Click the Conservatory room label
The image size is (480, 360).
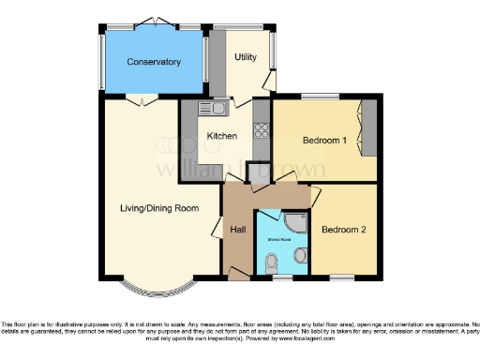point(155,62)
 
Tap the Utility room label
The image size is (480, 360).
point(245,57)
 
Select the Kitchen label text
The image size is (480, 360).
point(221,136)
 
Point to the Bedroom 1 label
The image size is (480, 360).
point(324,140)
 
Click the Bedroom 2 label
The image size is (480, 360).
point(343,229)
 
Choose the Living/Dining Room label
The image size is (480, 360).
point(158,207)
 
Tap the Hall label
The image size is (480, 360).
point(238,228)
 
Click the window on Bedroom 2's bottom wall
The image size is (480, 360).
point(341,278)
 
